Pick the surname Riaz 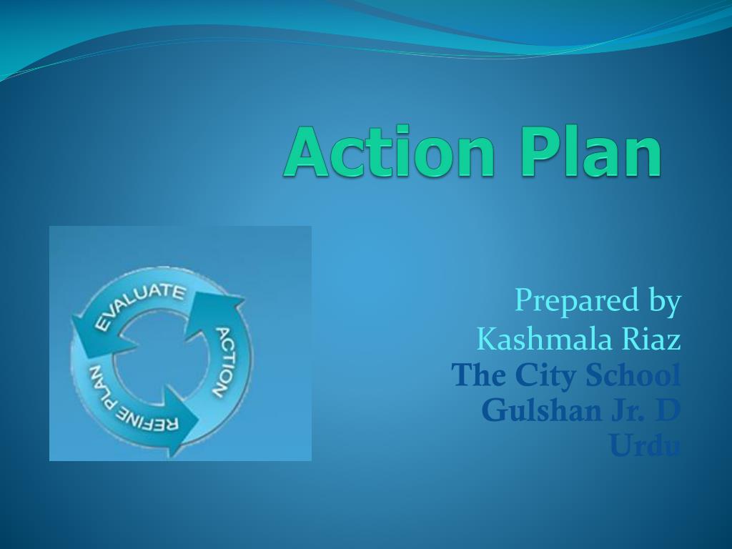652,339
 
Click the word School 633,374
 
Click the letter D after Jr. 670,410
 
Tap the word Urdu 644,447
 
